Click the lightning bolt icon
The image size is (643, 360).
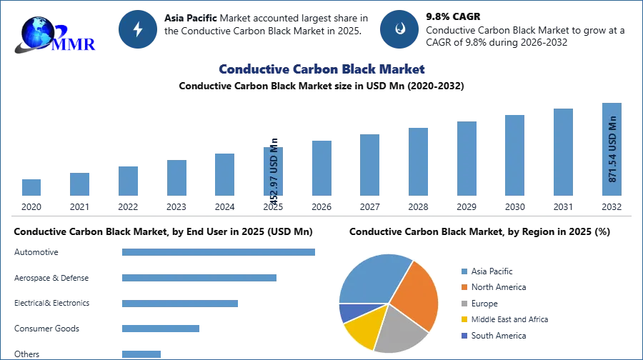[139, 29]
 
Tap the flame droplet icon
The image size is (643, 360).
[399, 29]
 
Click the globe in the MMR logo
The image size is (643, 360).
[36, 32]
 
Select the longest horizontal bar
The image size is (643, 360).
[219, 251]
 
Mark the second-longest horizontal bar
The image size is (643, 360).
[199, 279]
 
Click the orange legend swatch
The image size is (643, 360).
[464, 287]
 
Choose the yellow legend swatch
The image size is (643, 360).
[464, 320]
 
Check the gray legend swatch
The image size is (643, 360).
[464, 304]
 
